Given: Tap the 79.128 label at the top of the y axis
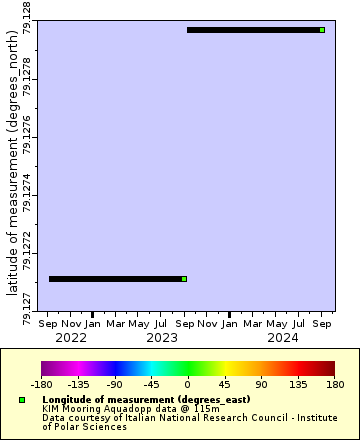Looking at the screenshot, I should pyautogui.click(x=26, y=18).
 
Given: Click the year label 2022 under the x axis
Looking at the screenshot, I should pyautogui.click(x=71, y=337).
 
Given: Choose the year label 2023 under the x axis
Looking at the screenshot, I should pyautogui.click(x=162, y=337).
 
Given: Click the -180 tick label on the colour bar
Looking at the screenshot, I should pyautogui.click(x=42, y=383).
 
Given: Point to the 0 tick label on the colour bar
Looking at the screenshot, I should pyautogui.click(x=187, y=383).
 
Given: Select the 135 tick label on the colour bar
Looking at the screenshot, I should pyautogui.click(x=297, y=383).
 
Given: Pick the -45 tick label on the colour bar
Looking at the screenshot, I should pyautogui.click(x=151, y=383).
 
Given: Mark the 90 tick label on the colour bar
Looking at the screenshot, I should pyautogui.click(x=260, y=383).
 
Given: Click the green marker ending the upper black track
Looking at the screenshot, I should pyautogui.click(x=322, y=30).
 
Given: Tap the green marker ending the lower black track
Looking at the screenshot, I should pyautogui.click(x=184, y=279).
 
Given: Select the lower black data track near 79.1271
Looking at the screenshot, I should pyautogui.click(x=115, y=279).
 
